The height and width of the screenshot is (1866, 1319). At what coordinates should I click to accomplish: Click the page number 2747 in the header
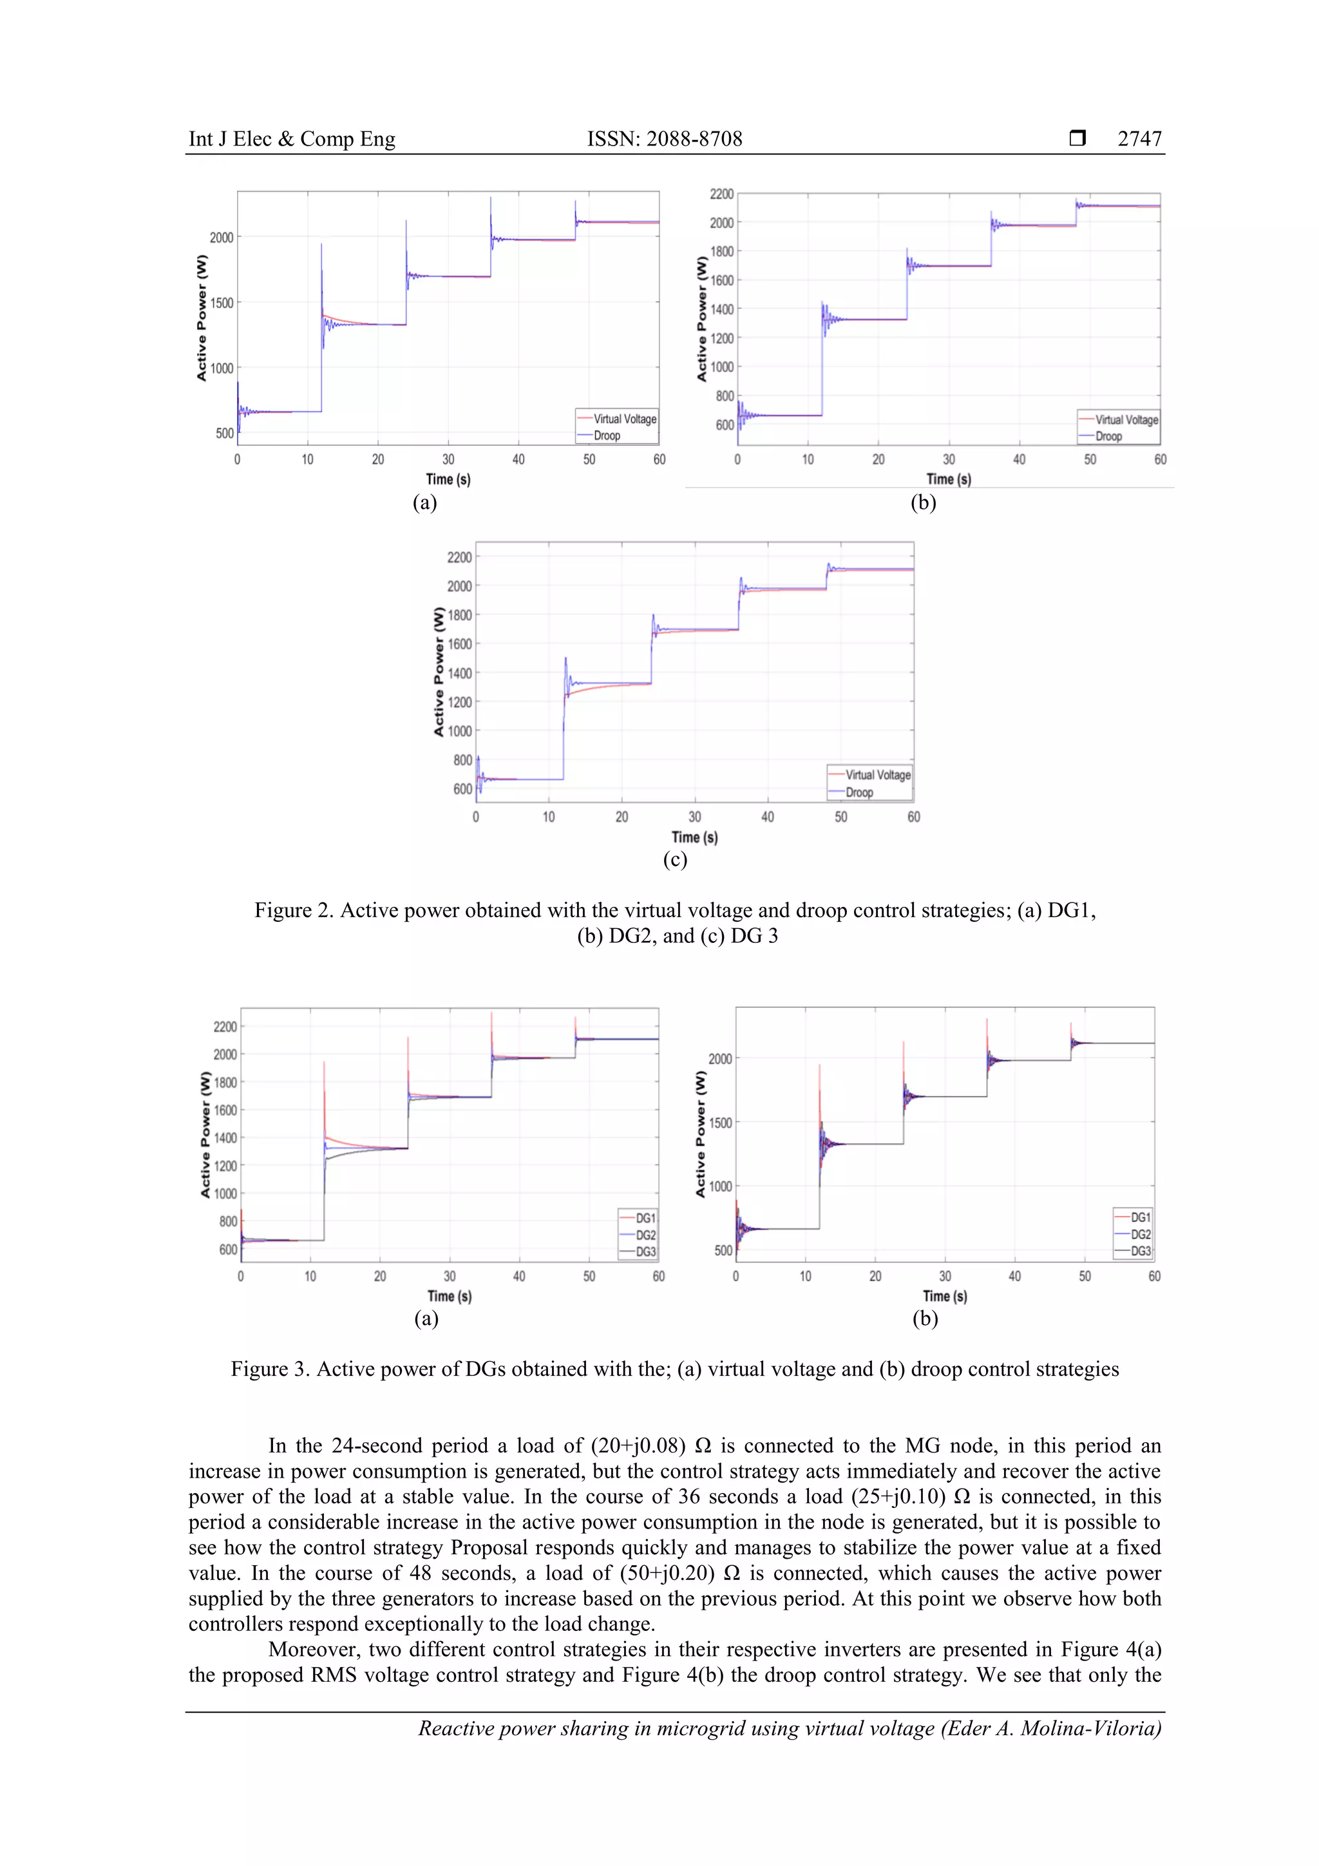[1139, 139]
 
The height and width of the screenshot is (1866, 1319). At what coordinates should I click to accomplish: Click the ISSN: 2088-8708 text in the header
[664, 139]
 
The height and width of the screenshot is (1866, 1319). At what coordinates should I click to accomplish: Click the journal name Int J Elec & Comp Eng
[292, 139]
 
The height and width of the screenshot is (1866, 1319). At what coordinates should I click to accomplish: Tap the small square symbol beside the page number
[1077, 138]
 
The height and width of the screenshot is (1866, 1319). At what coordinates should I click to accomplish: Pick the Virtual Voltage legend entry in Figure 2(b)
[1126, 419]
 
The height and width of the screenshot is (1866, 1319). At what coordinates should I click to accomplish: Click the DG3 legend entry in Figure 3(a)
[645, 1252]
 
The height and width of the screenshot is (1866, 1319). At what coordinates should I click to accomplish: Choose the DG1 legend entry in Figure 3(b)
[1140, 1217]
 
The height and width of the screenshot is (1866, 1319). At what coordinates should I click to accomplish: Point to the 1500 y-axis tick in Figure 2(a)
[221, 303]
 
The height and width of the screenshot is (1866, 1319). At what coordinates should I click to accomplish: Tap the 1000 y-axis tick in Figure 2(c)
[459, 730]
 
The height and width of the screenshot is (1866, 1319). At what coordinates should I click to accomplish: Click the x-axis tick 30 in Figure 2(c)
[694, 817]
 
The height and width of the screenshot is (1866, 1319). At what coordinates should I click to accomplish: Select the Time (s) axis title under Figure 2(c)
[694, 837]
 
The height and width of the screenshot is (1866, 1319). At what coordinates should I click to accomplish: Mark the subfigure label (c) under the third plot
[674, 859]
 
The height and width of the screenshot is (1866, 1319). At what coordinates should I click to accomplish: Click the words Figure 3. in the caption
[270, 1369]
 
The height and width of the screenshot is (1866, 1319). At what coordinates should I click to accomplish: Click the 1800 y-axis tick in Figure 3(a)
[225, 1083]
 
